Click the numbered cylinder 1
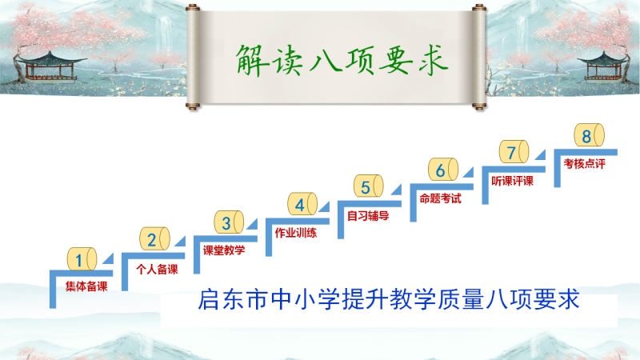(x=82, y=258)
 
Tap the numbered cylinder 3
(x=229, y=222)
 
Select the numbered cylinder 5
(x=369, y=186)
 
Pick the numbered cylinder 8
(x=590, y=134)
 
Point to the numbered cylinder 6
(x=443, y=169)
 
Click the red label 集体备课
(x=86, y=286)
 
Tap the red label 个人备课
(x=157, y=269)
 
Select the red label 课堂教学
(x=224, y=250)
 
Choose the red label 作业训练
(x=296, y=233)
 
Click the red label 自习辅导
(x=368, y=215)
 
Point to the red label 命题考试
(x=441, y=198)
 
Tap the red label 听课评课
(x=512, y=181)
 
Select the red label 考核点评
(x=585, y=164)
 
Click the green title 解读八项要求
(x=342, y=61)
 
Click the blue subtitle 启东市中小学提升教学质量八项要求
(x=389, y=299)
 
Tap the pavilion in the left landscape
(x=50, y=66)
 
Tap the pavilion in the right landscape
(x=603, y=67)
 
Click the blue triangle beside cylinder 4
(x=325, y=207)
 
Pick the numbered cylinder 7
(x=514, y=151)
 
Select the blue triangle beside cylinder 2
(x=181, y=242)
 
